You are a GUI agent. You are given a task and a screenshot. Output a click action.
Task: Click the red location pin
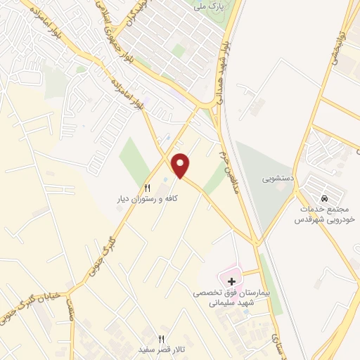coord(181,165)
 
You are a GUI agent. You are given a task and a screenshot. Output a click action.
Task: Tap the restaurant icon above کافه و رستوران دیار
coord(148,188)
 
